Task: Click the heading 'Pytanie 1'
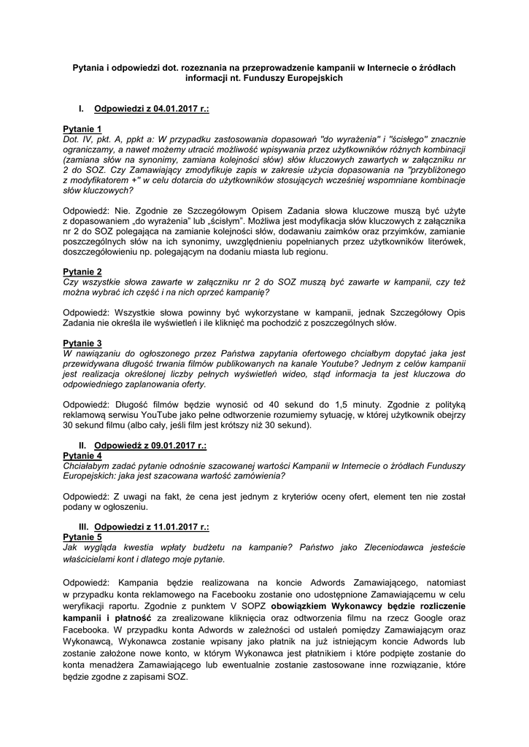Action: pos(82,128)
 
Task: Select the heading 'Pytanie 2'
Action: pos(82,272)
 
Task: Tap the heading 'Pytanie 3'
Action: pos(82,343)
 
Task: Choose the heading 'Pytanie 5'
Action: pos(82,536)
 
